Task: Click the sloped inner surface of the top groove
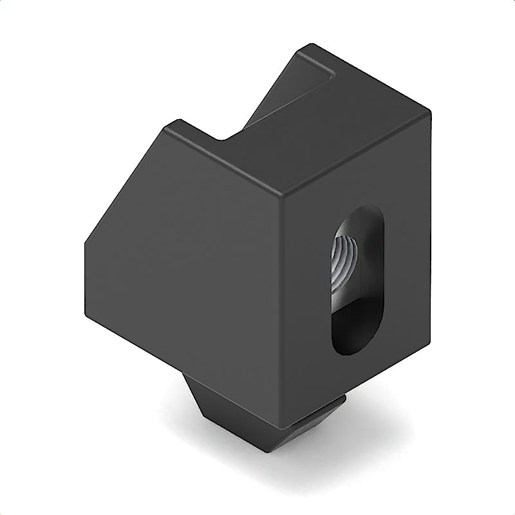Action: [270, 109]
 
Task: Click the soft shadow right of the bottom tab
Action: [373, 444]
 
